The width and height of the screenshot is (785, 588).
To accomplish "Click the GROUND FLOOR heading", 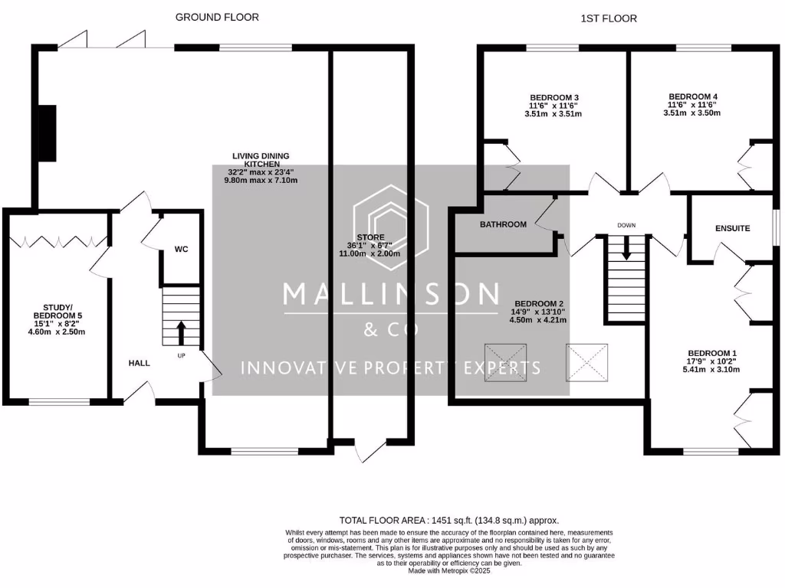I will pos(217,17).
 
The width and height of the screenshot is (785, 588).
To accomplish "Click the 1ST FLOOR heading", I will pos(609,18).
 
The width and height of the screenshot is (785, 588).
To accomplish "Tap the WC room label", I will pos(182,250).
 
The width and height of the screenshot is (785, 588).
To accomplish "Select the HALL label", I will pos(139,362).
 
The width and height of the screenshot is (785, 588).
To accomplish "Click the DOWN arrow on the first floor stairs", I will pos(627,247).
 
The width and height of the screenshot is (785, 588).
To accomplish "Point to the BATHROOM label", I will pos(503,224).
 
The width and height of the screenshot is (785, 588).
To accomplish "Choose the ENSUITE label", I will pos(732,228).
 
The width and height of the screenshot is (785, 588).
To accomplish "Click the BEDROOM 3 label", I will pos(548,97).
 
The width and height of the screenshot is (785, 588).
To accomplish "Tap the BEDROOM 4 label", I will pos(691,97).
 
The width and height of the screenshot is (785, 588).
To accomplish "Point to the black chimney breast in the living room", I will pos(48,133).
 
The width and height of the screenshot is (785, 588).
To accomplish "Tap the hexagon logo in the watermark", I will pos(391,227).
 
